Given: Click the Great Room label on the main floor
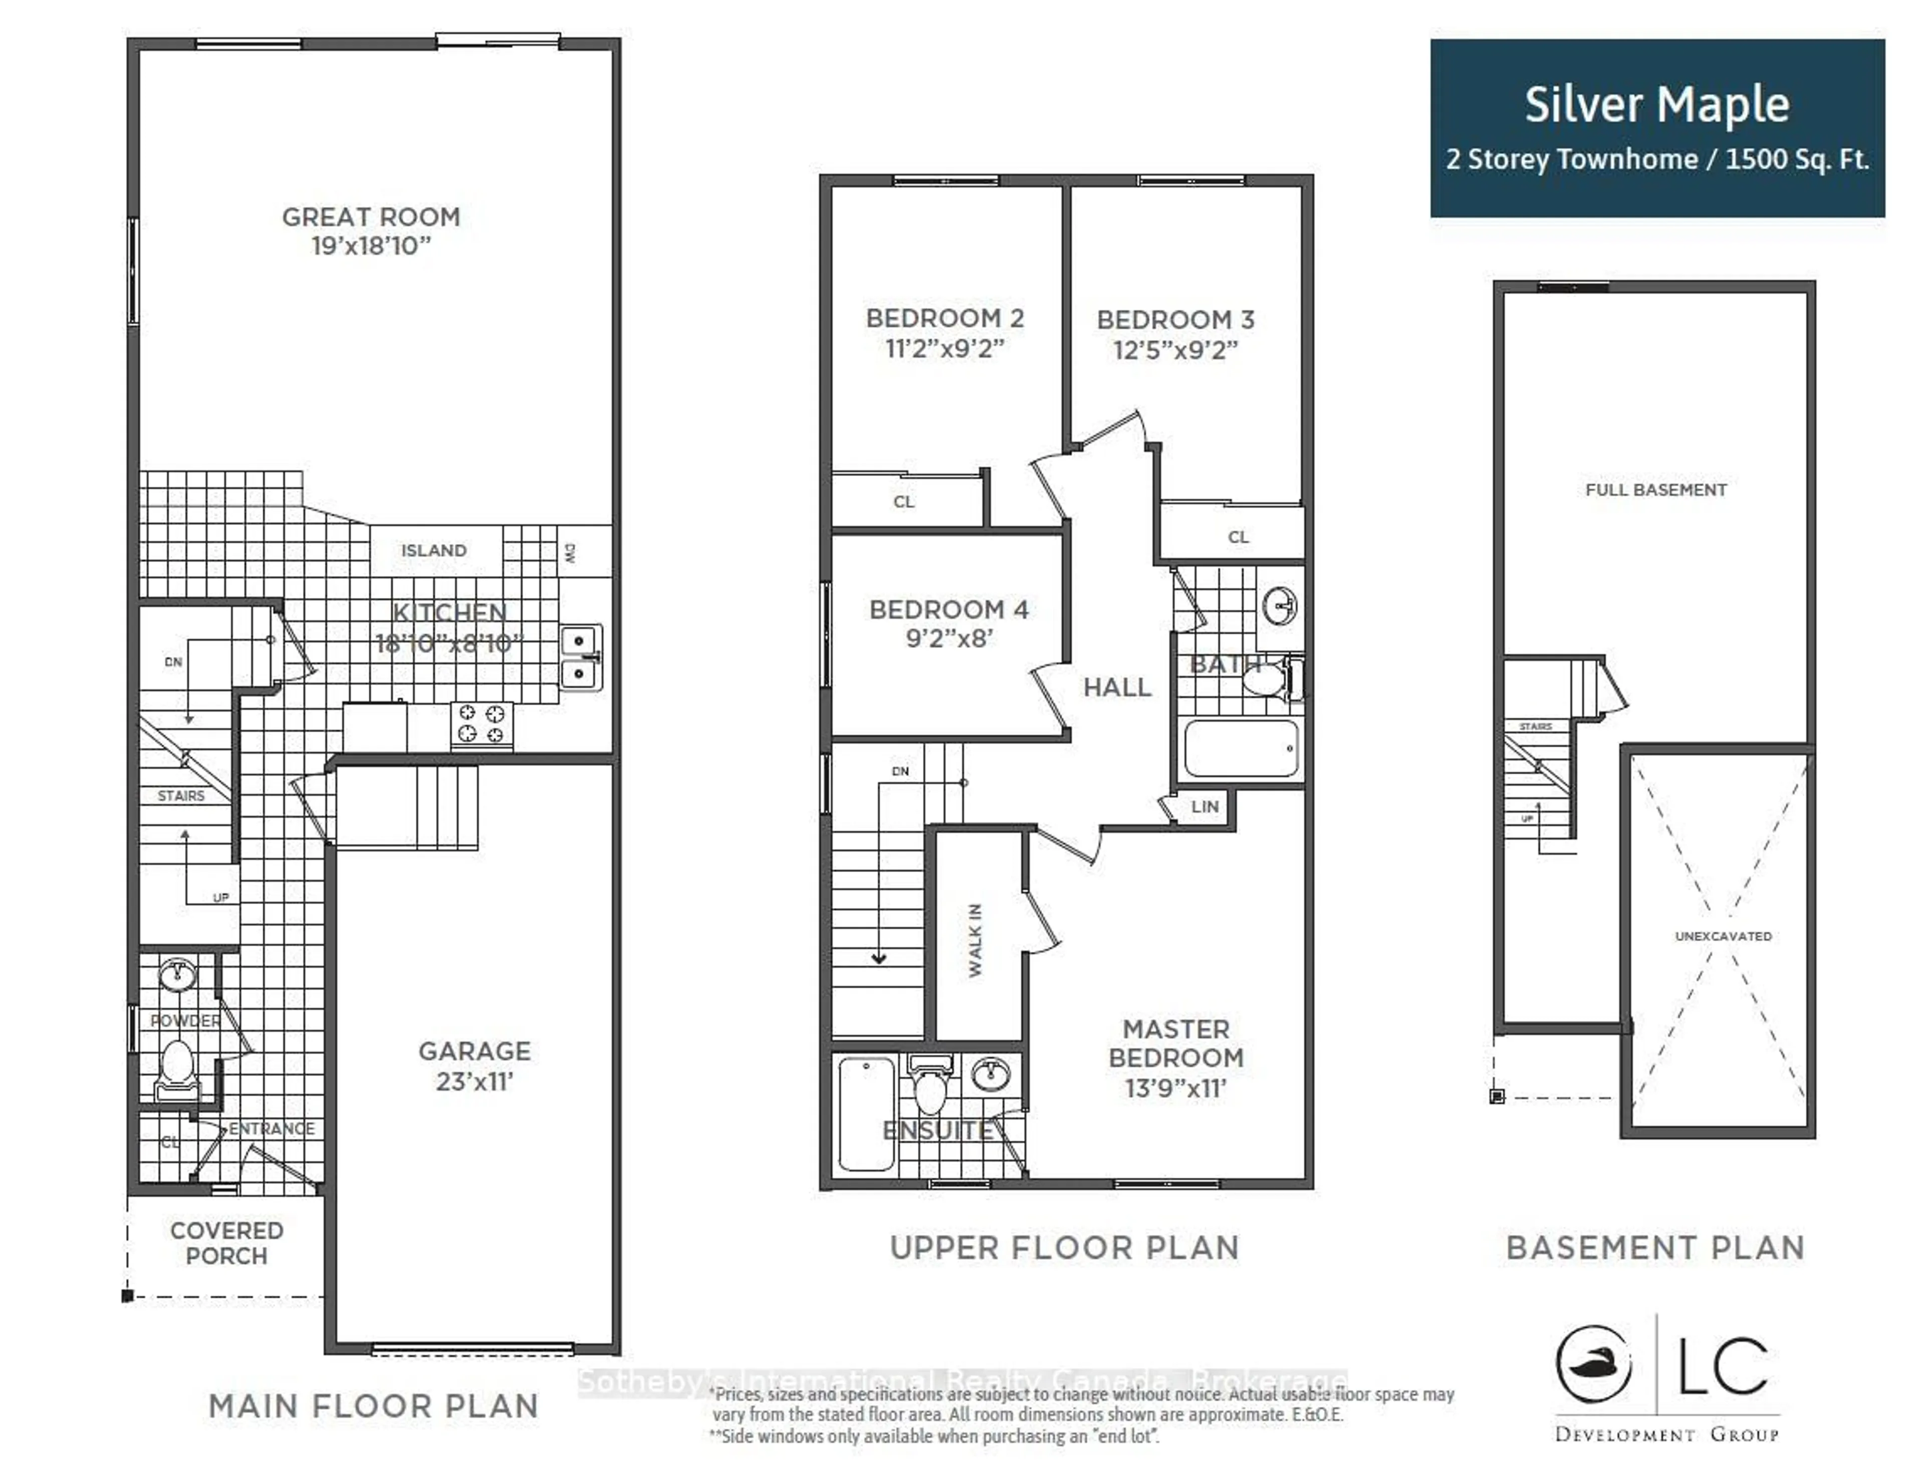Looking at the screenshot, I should tap(371, 217).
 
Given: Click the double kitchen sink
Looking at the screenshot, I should tap(581, 658).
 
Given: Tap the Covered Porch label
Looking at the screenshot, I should tap(226, 1242).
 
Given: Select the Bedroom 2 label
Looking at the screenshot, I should tap(944, 318).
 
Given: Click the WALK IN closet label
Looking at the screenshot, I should tap(975, 939).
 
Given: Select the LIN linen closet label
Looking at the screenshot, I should tap(1205, 806).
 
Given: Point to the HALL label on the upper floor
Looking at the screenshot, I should tap(1117, 687).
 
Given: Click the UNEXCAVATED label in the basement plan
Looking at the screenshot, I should tap(1722, 936).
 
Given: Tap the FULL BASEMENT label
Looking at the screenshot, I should tap(1655, 490).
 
